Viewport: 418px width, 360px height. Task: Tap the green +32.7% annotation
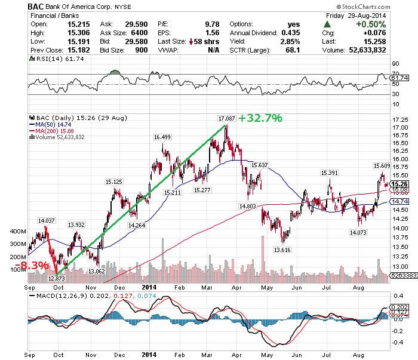(260, 118)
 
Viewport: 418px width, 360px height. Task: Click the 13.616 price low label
(282, 250)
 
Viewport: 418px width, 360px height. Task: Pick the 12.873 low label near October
(56, 278)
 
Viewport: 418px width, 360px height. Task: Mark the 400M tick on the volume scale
(19, 231)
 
